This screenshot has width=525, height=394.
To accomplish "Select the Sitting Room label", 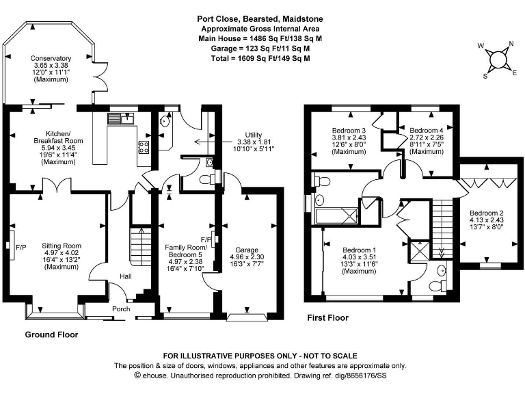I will point(62,245).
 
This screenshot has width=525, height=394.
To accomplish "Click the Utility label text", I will point(259,135).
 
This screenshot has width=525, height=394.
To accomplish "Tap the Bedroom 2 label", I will point(487,213).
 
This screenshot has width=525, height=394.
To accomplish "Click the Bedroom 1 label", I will point(360,249).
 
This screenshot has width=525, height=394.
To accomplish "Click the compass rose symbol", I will point(498,60).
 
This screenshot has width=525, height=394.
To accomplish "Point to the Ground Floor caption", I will point(51,335).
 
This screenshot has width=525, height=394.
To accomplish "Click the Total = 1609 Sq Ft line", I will point(254,59).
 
